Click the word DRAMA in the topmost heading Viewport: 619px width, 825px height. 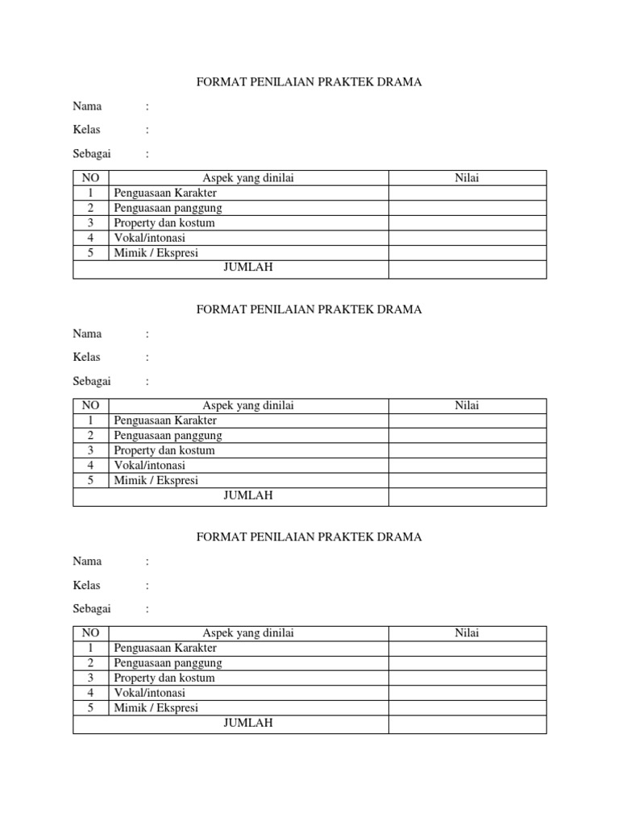pos(401,81)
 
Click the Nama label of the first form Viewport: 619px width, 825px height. pos(87,106)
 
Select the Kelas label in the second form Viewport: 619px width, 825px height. pos(86,357)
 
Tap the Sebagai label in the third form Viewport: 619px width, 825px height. pos(92,608)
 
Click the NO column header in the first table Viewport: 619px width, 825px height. pos(91,178)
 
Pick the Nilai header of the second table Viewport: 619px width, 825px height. pos(467,405)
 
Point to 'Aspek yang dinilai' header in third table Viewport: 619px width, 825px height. pos(248,632)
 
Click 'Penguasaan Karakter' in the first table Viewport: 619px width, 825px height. pos(165,193)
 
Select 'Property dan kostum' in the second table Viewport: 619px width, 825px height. pos(164,450)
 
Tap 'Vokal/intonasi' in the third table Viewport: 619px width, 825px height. pos(149,693)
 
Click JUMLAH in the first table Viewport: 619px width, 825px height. pos(248,267)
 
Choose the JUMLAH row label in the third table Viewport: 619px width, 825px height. pos(248,723)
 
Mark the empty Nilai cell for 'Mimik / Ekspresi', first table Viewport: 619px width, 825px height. pos(467,253)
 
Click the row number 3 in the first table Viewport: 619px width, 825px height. pos(91,222)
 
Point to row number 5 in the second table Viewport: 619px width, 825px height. pos(91,480)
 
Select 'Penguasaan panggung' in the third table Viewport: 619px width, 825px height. pos(168,663)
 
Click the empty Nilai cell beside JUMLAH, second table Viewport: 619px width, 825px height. pos(467,495)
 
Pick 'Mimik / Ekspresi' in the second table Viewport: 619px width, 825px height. pos(156,480)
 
